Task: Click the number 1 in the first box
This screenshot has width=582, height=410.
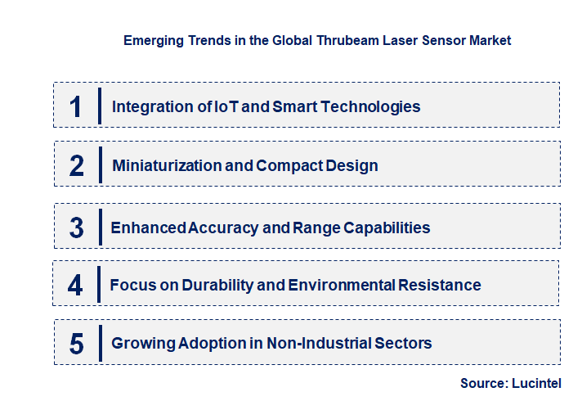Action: (x=76, y=106)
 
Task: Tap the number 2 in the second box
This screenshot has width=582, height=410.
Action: (x=77, y=165)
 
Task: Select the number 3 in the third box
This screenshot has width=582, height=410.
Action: (x=77, y=228)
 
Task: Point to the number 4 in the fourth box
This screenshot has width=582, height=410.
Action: (x=76, y=285)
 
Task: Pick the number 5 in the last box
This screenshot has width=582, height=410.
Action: (x=77, y=343)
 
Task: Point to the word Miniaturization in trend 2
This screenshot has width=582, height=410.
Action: (x=161, y=165)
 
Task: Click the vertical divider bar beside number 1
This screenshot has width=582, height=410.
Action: (x=99, y=106)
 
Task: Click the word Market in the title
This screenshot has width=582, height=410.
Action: (x=490, y=40)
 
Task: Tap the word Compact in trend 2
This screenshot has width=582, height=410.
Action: (x=285, y=165)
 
